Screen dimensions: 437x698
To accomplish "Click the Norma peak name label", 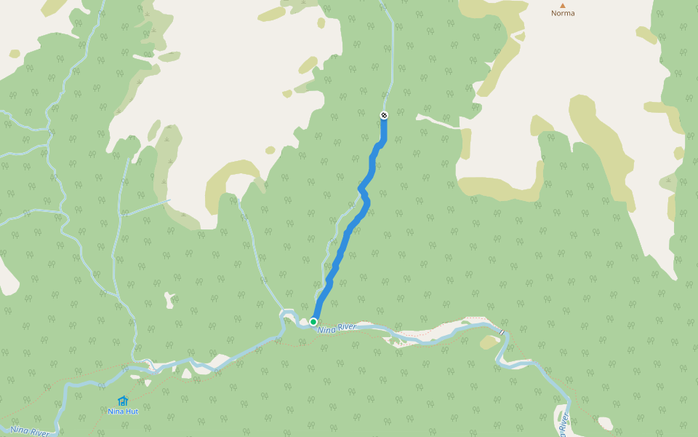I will [562, 13].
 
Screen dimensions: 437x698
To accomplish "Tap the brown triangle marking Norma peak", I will [562, 5].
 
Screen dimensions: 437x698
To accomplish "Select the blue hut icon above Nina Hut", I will [122, 401].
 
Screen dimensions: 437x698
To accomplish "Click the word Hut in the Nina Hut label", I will [132, 412].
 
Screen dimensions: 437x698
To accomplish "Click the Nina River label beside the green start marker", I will [337, 329].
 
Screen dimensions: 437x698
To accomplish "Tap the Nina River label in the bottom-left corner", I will [30, 432].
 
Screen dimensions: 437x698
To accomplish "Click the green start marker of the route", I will [313, 321].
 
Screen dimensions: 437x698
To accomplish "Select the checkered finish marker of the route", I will [384, 115].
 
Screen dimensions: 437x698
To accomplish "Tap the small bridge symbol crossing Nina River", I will [501, 332].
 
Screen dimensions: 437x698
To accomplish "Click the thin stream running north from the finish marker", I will [392, 58].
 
